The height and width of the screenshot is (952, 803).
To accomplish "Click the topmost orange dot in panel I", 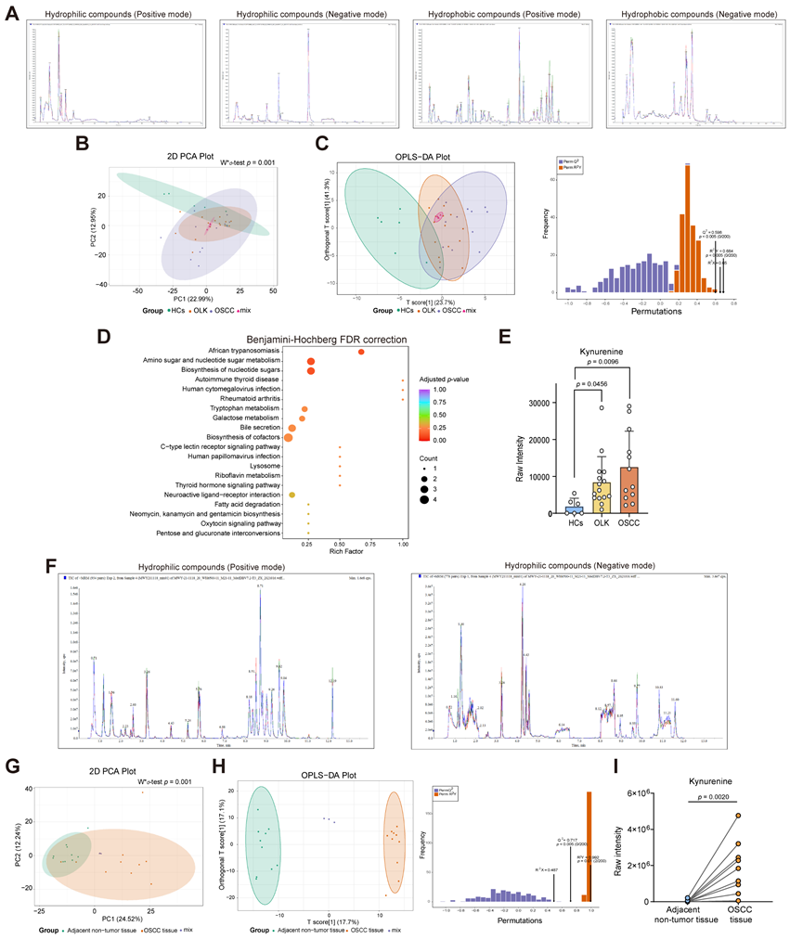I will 739,816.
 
